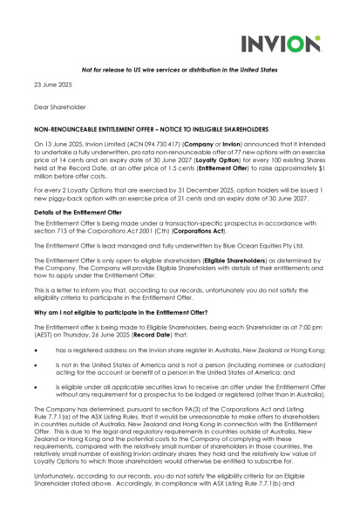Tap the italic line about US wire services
180,70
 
